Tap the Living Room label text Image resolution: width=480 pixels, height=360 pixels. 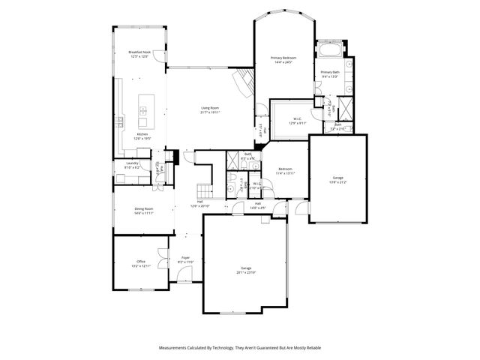(210, 109)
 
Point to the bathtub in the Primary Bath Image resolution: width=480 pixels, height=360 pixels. (330, 52)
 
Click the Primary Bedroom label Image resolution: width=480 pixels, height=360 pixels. (283, 60)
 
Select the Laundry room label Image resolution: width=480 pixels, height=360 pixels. (132, 165)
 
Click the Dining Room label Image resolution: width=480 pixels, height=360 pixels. (143, 210)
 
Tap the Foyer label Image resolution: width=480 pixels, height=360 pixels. (185, 259)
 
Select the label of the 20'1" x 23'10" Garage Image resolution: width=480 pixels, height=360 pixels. (246, 270)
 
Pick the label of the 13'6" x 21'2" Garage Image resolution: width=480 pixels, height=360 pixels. (338, 179)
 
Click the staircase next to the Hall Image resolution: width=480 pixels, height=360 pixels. (201, 189)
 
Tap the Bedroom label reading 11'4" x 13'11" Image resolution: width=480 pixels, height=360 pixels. (286, 171)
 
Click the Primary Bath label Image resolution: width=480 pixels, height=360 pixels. (330, 74)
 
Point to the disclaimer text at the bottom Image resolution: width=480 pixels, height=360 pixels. (240, 348)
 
